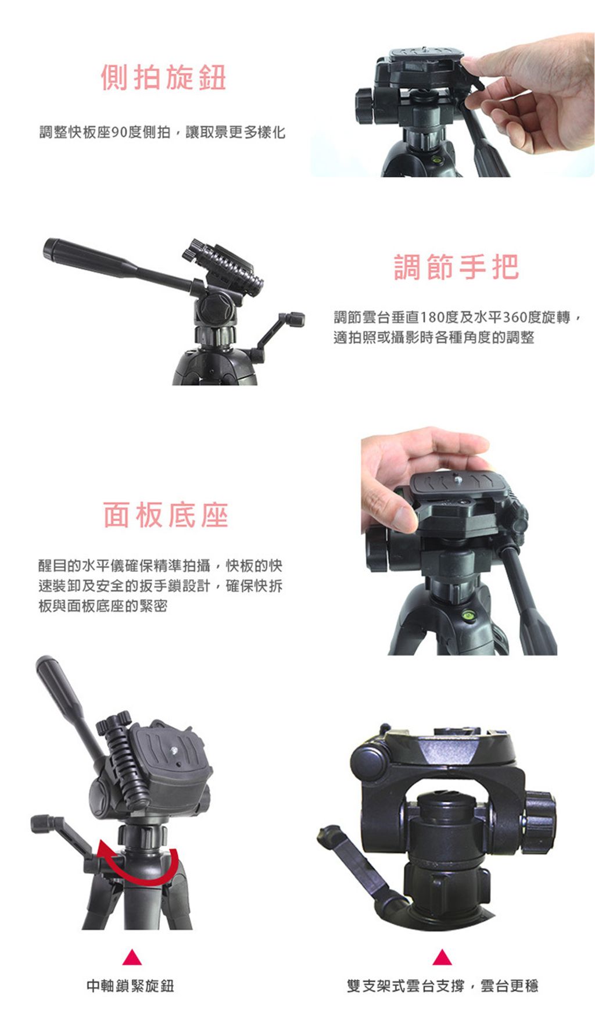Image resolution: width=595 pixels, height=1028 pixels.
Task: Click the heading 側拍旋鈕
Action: [163, 78]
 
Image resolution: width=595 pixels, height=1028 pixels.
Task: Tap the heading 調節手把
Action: [457, 267]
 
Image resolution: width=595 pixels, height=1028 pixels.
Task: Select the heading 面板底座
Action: [166, 515]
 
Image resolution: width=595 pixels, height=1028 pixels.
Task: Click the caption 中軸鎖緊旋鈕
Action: [131, 986]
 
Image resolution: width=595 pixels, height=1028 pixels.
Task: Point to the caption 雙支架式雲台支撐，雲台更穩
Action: [443, 986]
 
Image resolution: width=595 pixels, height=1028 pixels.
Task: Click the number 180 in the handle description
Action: [432, 318]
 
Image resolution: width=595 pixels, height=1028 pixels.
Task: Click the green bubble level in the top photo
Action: [436, 157]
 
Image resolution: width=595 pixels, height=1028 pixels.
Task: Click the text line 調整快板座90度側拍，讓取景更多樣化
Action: [163, 132]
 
